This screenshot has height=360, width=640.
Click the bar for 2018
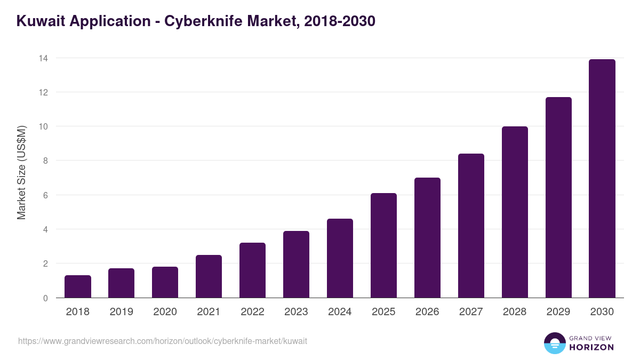coord(78,286)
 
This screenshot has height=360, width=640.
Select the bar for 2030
coord(602,179)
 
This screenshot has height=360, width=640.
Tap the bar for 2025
coord(383,245)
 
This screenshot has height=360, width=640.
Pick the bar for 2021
coord(209,276)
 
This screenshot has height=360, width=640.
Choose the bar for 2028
coord(515,212)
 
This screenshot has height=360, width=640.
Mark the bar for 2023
coord(296,265)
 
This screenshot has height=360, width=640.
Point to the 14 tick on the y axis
coord(43,58)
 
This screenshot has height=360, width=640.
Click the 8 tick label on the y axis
coord(45,161)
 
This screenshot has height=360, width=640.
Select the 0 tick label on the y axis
coord(45,298)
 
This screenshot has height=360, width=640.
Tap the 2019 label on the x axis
coord(122,312)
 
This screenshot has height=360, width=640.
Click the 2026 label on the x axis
coord(427,312)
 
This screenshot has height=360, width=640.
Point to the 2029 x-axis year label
coord(558,312)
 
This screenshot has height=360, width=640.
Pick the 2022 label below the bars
coord(252,312)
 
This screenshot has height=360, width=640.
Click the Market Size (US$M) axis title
coord(22,173)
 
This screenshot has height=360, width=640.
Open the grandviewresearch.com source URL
coord(163,341)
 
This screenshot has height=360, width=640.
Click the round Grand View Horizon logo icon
coord(554,343)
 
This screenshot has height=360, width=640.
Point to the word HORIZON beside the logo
coord(591,347)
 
